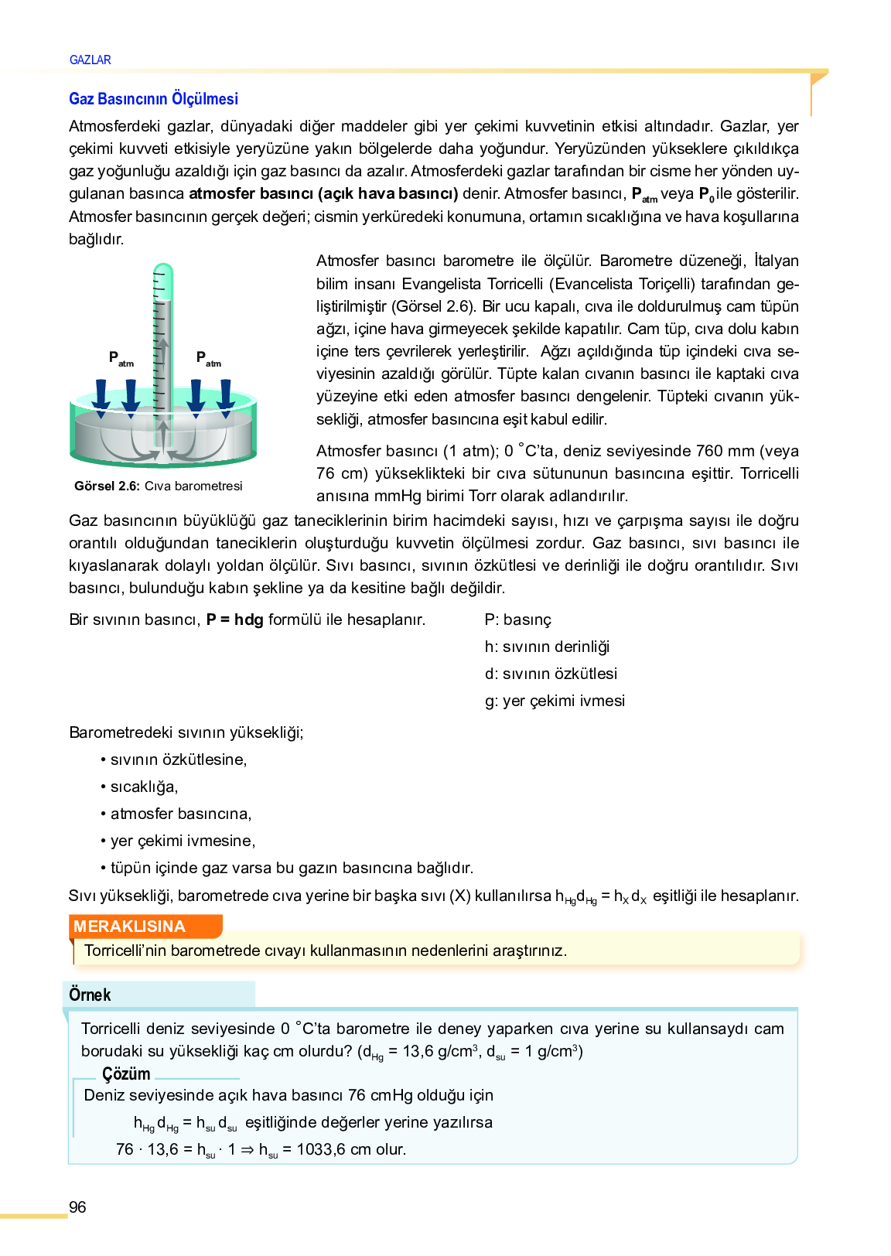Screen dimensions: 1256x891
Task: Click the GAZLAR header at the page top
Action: click(x=90, y=60)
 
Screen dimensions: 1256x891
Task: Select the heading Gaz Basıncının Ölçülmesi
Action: click(x=153, y=99)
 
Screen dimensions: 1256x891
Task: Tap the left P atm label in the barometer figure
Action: click(x=121, y=358)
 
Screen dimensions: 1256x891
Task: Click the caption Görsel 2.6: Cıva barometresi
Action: click(x=159, y=486)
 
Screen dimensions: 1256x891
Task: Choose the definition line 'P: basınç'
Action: click(x=518, y=619)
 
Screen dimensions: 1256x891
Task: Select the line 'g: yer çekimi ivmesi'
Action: click(x=555, y=701)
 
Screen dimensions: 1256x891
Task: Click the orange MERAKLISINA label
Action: click(x=130, y=927)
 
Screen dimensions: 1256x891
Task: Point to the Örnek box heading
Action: click(x=90, y=995)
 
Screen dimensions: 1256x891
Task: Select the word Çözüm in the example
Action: click(x=126, y=1073)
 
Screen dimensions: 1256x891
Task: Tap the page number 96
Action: click(x=77, y=1207)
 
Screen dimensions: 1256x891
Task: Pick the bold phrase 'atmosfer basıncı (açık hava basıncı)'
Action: click(x=323, y=193)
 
